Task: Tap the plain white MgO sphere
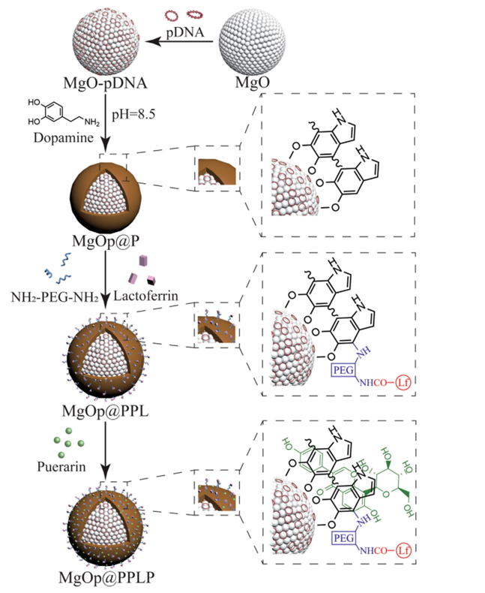click(253, 42)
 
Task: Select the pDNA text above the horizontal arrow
click(183, 33)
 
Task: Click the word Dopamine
click(55, 139)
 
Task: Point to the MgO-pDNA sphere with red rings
click(106, 38)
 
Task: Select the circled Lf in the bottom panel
click(405, 553)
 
